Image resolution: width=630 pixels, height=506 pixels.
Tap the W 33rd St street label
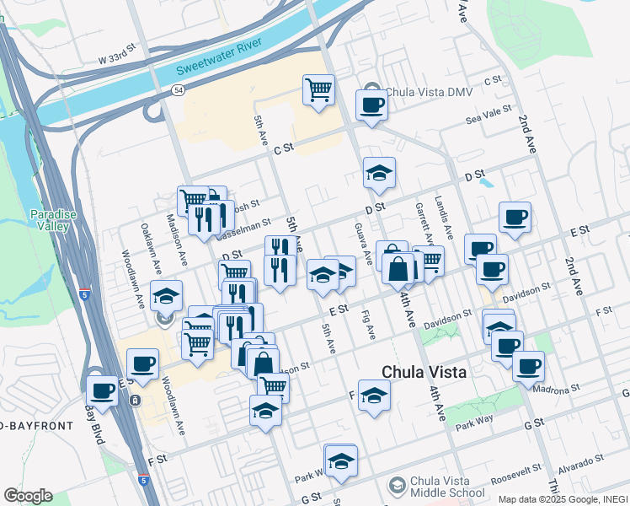[x=116, y=59]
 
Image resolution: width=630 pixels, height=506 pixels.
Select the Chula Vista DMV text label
[x=421, y=94]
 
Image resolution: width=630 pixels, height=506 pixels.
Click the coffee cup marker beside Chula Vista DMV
[x=371, y=105]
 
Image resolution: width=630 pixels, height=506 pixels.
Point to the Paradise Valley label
[x=54, y=220]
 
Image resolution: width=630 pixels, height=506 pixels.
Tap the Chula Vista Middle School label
[x=446, y=488]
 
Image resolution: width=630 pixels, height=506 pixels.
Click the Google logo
[x=28, y=496]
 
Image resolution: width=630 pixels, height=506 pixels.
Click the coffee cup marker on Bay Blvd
[x=103, y=391]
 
